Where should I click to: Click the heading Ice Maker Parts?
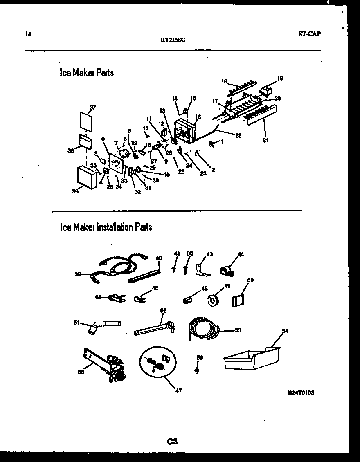(x=86, y=73)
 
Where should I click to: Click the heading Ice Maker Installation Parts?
(x=106, y=227)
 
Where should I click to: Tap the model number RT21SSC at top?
(x=173, y=40)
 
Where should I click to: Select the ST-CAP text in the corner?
(x=309, y=34)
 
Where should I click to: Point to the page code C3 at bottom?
(x=172, y=441)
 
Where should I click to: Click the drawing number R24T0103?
(x=301, y=392)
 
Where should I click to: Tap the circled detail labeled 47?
(x=158, y=361)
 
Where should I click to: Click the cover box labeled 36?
(x=86, y=177)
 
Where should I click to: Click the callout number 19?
(x=280, y=78)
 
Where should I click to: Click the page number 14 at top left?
(x=28, y=34)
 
